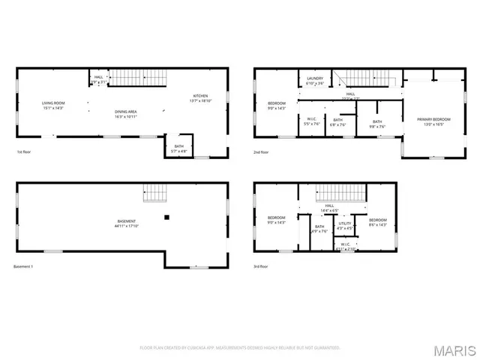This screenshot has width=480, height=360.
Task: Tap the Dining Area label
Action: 124,114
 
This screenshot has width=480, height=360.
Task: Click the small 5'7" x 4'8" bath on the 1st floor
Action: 178,148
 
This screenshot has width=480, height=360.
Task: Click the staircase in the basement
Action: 154,193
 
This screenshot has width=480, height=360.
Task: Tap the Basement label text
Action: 126,223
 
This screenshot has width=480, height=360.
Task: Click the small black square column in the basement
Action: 167,217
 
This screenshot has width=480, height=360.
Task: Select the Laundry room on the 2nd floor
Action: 316,80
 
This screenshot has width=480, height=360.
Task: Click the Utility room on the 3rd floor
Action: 344,225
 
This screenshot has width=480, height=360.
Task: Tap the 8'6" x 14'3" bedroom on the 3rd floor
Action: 376,222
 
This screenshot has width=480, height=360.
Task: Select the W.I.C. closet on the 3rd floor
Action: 345,246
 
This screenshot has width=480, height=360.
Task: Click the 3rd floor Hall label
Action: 330,208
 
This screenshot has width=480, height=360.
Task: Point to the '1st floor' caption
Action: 24,152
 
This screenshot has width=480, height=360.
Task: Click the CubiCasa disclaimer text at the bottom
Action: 240,348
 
